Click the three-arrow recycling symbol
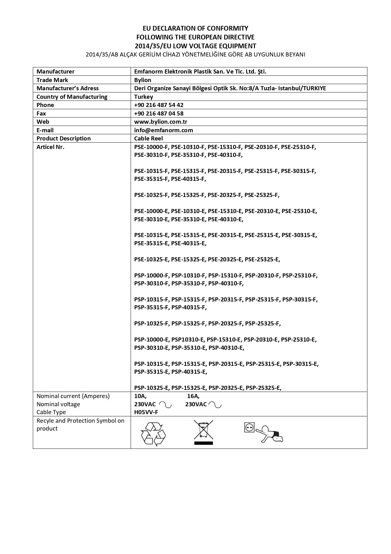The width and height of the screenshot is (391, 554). [x=153, y=434]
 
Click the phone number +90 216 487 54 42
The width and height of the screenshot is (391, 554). [x=159, y=105]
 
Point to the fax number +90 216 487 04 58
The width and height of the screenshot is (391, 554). [x=159, y=113]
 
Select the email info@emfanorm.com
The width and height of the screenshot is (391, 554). [x=164, y=130]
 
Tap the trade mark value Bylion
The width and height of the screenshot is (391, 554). [x=143, y=80]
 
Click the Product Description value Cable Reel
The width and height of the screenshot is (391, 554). [x=148, y=139]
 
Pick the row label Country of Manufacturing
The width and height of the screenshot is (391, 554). [x=72, y=97]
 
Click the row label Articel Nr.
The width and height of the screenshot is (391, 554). [x=50, y=147]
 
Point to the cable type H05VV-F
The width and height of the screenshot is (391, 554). [x=146, y=412]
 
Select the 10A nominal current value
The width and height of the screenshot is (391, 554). [x=140, y=396]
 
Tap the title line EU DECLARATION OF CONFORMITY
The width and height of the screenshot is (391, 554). [x=195, y=28]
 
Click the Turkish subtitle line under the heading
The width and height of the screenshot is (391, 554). [x=195, y=55]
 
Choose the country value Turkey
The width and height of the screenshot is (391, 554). [x=144, y=97]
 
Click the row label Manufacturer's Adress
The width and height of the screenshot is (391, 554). [x=67, y=88]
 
